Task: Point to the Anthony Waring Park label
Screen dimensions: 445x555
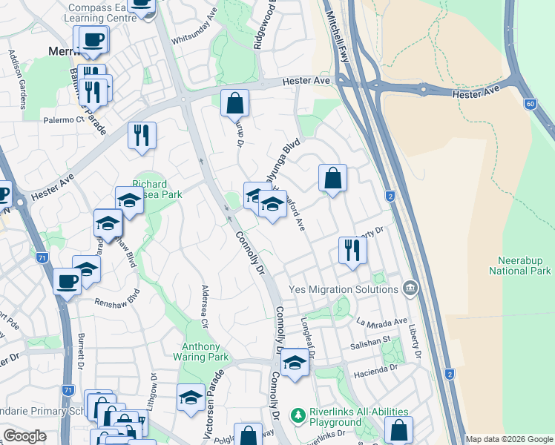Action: [202, 352]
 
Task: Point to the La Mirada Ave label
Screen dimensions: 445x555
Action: [382, 322]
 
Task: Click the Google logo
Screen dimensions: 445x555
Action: [24, 436]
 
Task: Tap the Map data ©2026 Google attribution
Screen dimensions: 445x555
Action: [508, 439]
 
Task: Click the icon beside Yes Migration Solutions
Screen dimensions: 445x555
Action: [410, 288]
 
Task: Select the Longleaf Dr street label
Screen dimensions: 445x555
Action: [309, 338]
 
